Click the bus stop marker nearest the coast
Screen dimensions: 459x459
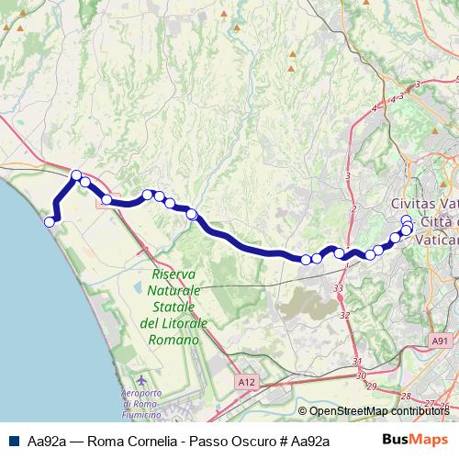point(50,221)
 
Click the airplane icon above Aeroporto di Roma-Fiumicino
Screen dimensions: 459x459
point(140,380)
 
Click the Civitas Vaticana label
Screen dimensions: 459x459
point(424,204)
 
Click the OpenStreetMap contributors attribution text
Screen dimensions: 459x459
point(378,412)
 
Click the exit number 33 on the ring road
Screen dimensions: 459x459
point(339,289)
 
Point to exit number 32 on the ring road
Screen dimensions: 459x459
point(345,315)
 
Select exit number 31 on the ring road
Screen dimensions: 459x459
point(357,362)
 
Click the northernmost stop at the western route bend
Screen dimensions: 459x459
point(76,175)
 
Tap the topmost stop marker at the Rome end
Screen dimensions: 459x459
point(407,220)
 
